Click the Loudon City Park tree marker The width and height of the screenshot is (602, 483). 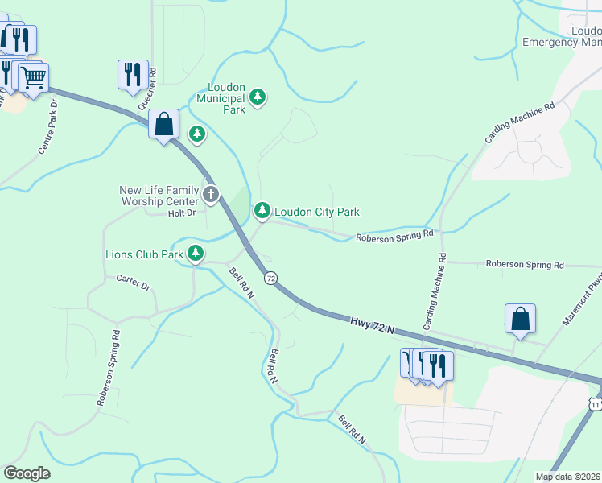262,211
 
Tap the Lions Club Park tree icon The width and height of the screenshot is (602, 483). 196,254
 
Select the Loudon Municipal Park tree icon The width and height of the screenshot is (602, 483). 257,98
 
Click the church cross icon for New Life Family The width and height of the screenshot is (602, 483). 211,194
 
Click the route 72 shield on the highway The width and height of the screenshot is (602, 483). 270,278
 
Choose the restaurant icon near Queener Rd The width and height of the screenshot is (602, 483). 133,75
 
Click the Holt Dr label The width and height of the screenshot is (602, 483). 182,213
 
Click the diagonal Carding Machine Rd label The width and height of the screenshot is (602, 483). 519,123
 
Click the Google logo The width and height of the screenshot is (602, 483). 27,473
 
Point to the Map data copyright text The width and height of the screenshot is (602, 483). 567,477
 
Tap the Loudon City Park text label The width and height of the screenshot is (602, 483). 317,212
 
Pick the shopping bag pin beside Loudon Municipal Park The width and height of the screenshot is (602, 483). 164,126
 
